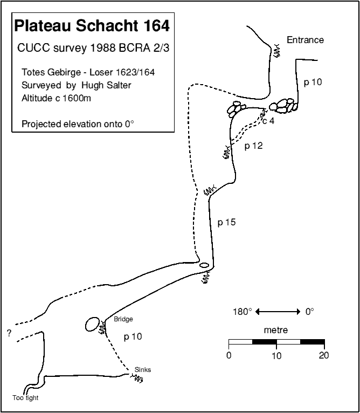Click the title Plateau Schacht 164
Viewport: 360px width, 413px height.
click(92, 26)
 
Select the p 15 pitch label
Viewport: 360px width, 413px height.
click(226, 222)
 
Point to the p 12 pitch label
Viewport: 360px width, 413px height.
click(253, 146)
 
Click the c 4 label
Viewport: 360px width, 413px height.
click(268, 121)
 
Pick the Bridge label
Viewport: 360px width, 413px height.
click(123, 319)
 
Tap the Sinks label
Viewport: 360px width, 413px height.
click(143, 369)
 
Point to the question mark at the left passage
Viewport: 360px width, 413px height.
click(9, 333)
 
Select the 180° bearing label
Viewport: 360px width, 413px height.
click(243, 312)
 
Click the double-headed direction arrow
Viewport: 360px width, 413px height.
click(278, 312)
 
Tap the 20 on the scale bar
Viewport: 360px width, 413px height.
click(323, 355)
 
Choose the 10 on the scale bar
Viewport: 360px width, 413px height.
click(276, 355)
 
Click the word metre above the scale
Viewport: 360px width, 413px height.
click(276, 329)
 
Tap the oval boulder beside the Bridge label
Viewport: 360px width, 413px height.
click(92, 325)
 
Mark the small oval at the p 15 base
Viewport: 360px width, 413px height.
click(204, 265)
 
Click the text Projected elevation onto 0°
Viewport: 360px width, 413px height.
click(78, 123)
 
